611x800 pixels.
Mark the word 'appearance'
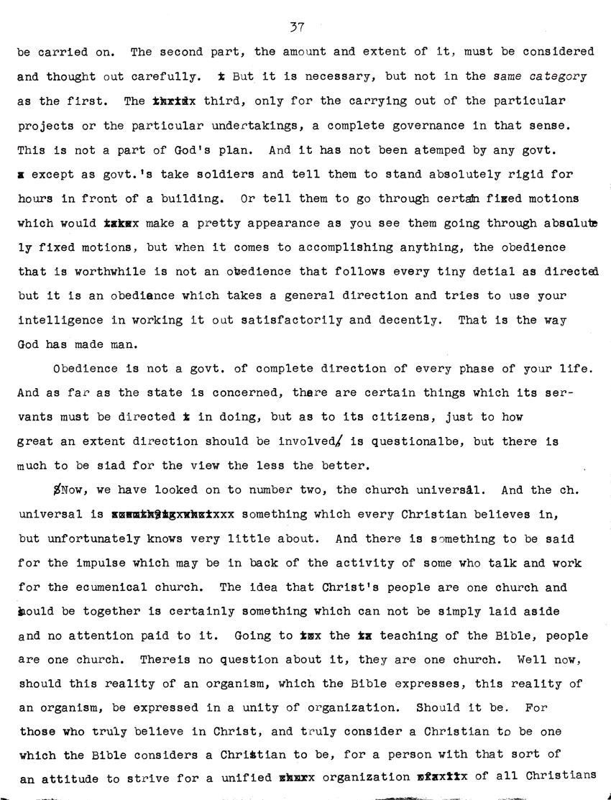(x=255, y=223)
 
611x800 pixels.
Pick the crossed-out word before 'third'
(x=173, y=101)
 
